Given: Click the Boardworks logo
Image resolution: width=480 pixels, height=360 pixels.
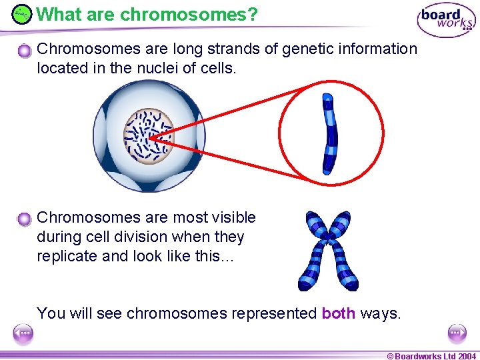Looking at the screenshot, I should point(445,21).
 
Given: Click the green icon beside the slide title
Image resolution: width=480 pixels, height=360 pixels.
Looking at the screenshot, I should point(22,13).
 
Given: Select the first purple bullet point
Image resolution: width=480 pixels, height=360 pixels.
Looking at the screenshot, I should point(25,51).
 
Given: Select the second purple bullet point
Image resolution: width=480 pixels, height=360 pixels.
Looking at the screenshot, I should point(25,219).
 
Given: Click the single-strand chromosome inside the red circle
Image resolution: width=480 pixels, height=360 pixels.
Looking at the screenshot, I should point(329,134).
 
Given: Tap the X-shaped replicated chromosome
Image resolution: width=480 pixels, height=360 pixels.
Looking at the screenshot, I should point(328,250).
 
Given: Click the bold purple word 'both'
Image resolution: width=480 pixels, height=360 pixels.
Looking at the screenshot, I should point(338,313).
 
